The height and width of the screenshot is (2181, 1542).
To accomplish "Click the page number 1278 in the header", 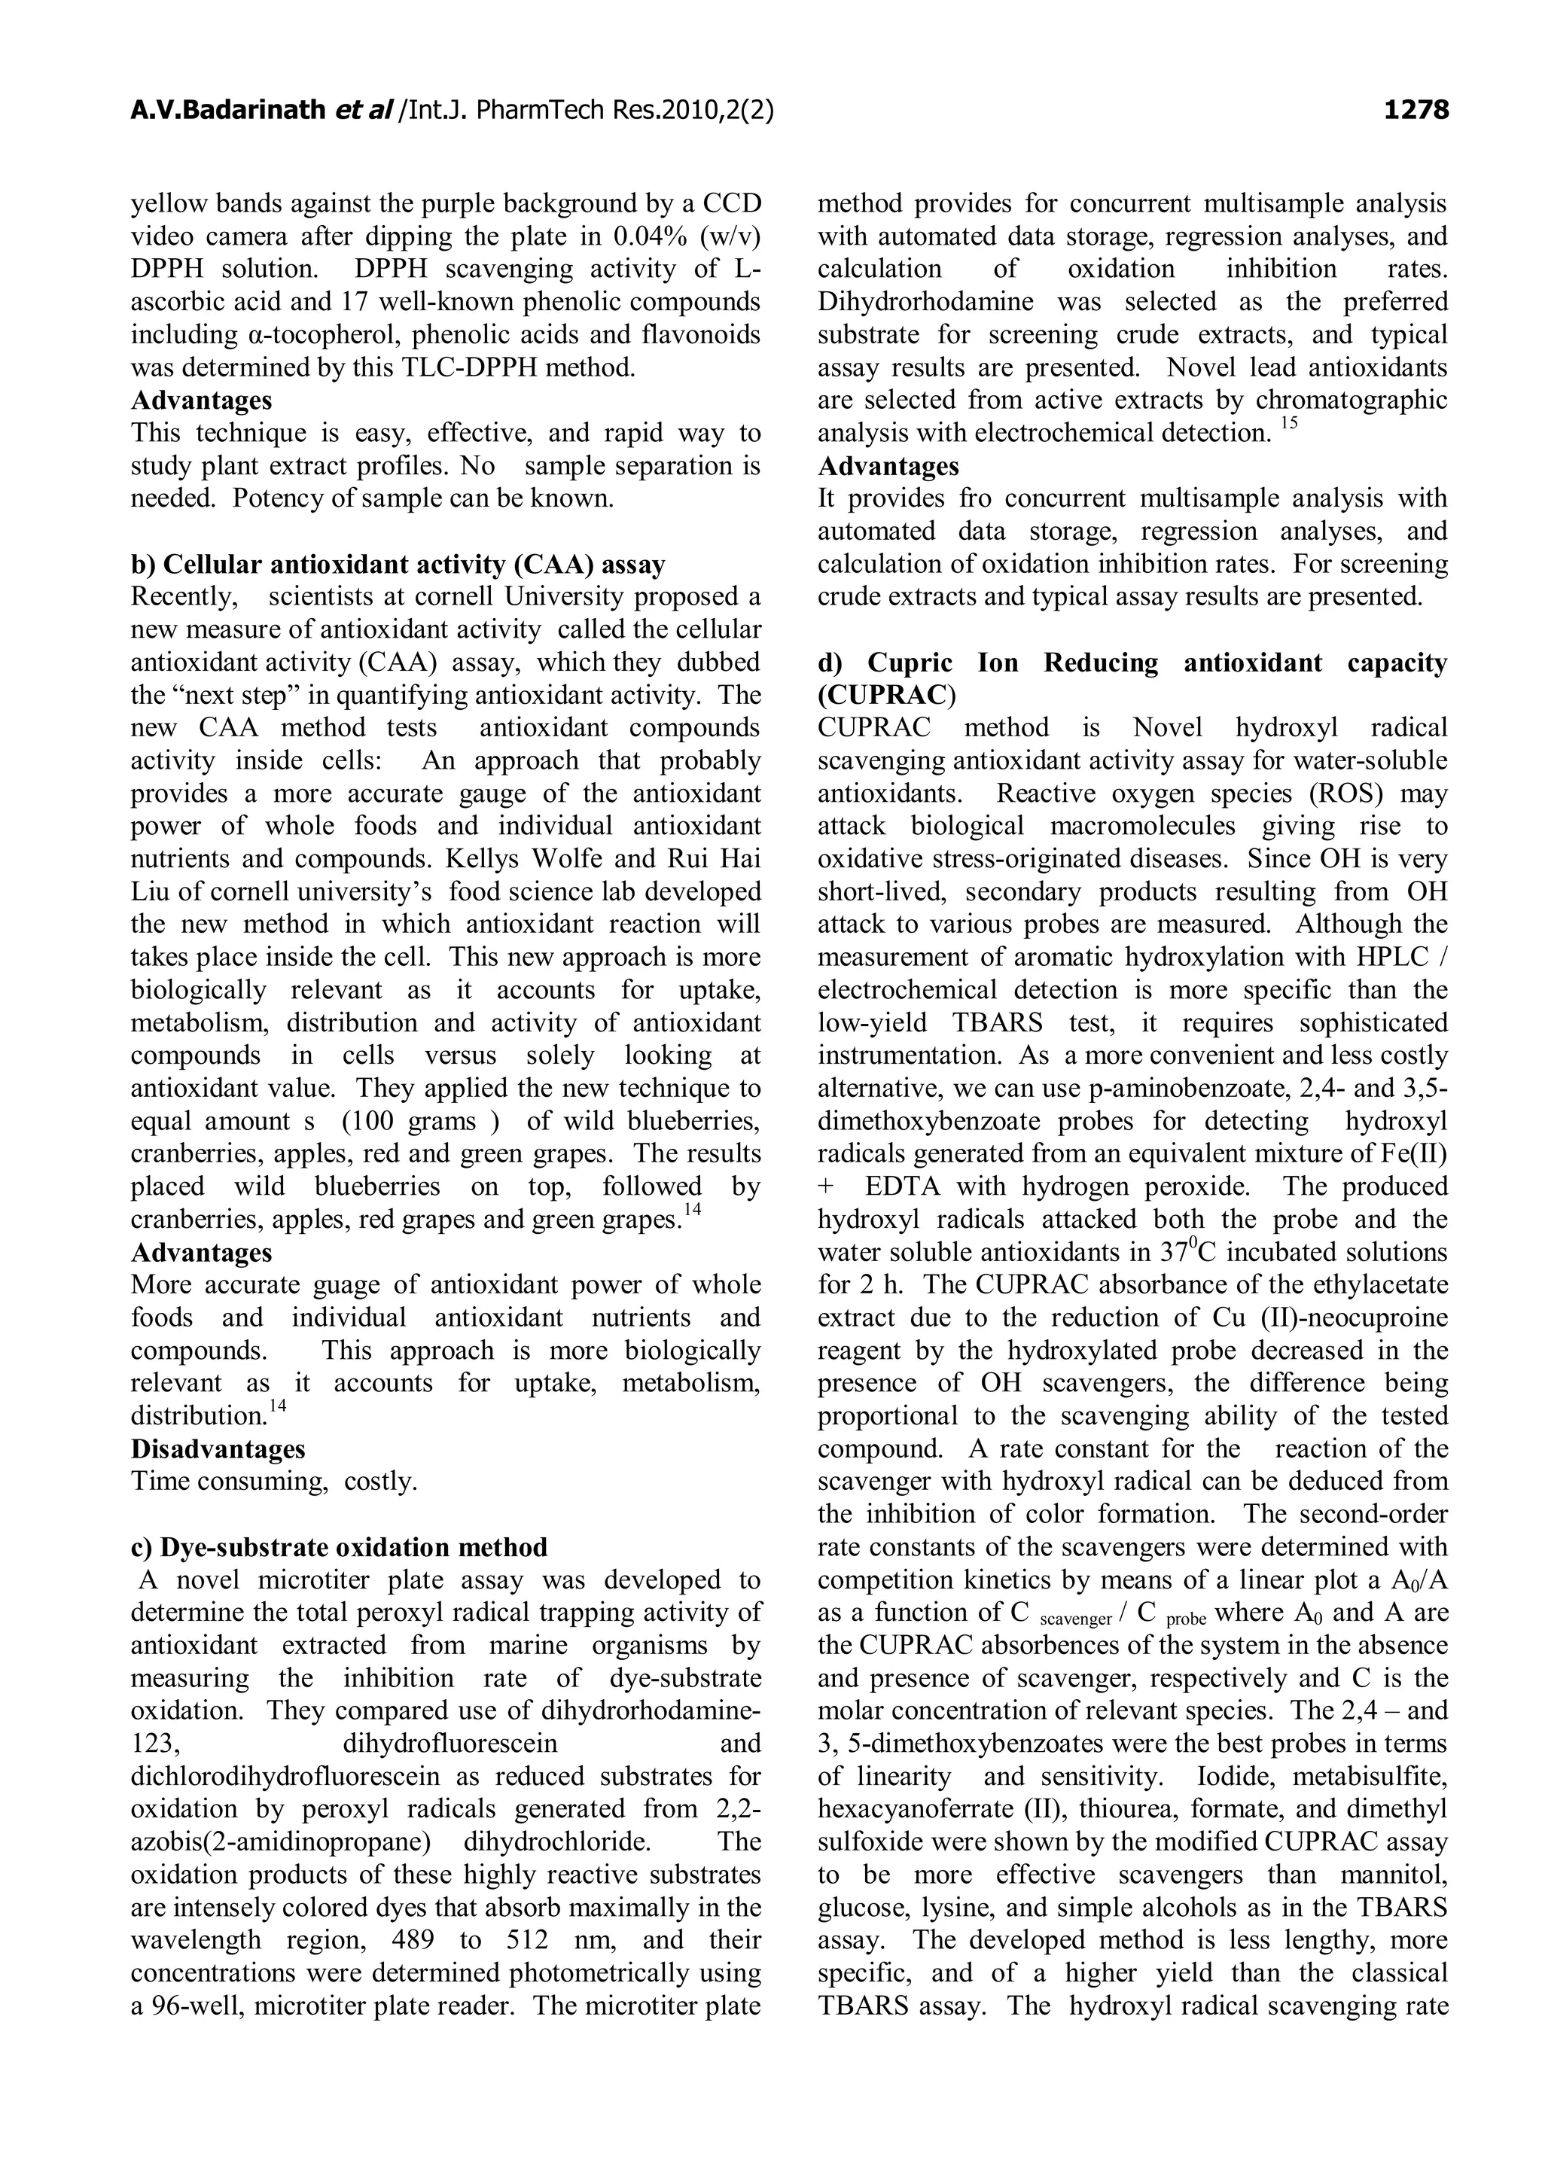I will coord(1415,111).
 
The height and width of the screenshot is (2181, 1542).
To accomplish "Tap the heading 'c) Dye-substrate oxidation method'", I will coord(339,1547).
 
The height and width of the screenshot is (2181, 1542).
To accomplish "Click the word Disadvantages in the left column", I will coord(218,1448).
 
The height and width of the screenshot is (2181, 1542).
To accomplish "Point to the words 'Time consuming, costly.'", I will coord(273,1481).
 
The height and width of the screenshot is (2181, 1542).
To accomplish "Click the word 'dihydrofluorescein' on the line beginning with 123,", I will coord(449,1743).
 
